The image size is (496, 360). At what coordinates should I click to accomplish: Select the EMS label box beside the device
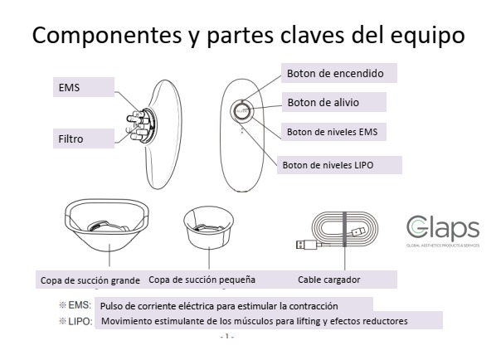point(84,87)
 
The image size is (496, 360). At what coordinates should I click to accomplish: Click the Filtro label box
point(84,137)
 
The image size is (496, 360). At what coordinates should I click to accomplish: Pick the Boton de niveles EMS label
point(336,131)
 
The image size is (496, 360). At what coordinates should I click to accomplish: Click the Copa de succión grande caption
point(90,279)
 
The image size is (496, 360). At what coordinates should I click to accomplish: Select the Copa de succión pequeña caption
point(202,279)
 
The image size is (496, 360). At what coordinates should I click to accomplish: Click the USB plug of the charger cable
point(304,246)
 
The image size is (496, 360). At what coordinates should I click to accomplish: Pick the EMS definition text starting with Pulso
point(234,305)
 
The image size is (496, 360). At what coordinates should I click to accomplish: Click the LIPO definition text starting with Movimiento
point(254,321)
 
